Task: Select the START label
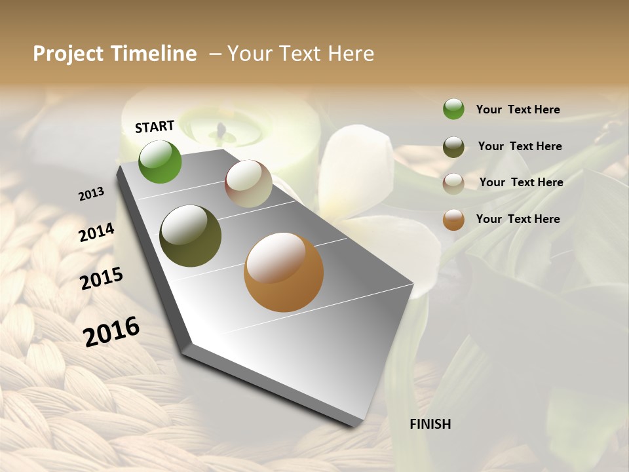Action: pos(155,127)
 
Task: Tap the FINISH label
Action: pos(430,424)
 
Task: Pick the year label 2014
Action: pos(96,232)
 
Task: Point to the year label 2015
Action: pos(102,279)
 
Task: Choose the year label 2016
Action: pos(111,331)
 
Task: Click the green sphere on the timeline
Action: pos(160,161)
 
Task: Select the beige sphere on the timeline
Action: pos(248,184)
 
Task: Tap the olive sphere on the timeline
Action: pos(190,236)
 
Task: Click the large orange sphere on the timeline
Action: pos(284,272)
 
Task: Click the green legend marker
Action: pos(453,109)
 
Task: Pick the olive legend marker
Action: pos(453,147)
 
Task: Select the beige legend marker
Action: pos(453,184)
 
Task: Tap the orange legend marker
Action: pos(453,220)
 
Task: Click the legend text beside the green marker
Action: pos(518,109)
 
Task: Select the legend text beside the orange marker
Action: pos(518,219)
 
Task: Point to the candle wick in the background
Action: pos(221,130)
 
